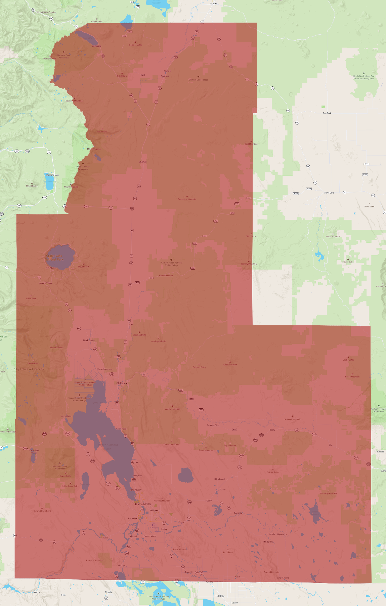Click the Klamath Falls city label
point(143,504)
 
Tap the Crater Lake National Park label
point(54,257)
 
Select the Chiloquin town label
point(122,383)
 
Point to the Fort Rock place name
point(327,113)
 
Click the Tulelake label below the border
point(220,596)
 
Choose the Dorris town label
point(108,592)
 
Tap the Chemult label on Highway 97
point(143,162)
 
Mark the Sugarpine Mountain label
point(187,199)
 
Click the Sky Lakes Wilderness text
point(29,369)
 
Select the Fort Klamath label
point(89,340)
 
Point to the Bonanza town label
point(238,513)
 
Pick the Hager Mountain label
point(333,237)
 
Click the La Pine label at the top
point(213,4)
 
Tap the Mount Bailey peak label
point(32,186)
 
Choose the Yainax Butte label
point(273,472)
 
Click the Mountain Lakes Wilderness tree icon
point(60,463)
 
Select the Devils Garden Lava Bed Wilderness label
point(363,77)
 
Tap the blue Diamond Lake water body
point(49,183)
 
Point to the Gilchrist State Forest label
point(198,80)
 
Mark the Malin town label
point(237,576)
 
